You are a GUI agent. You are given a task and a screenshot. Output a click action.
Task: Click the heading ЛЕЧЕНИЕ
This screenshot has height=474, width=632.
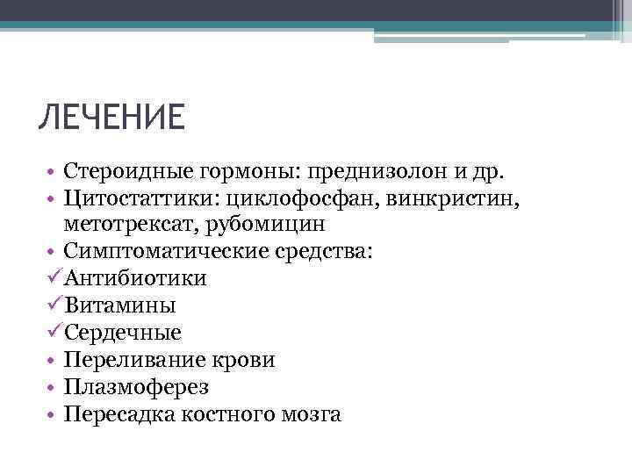(111, 117)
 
